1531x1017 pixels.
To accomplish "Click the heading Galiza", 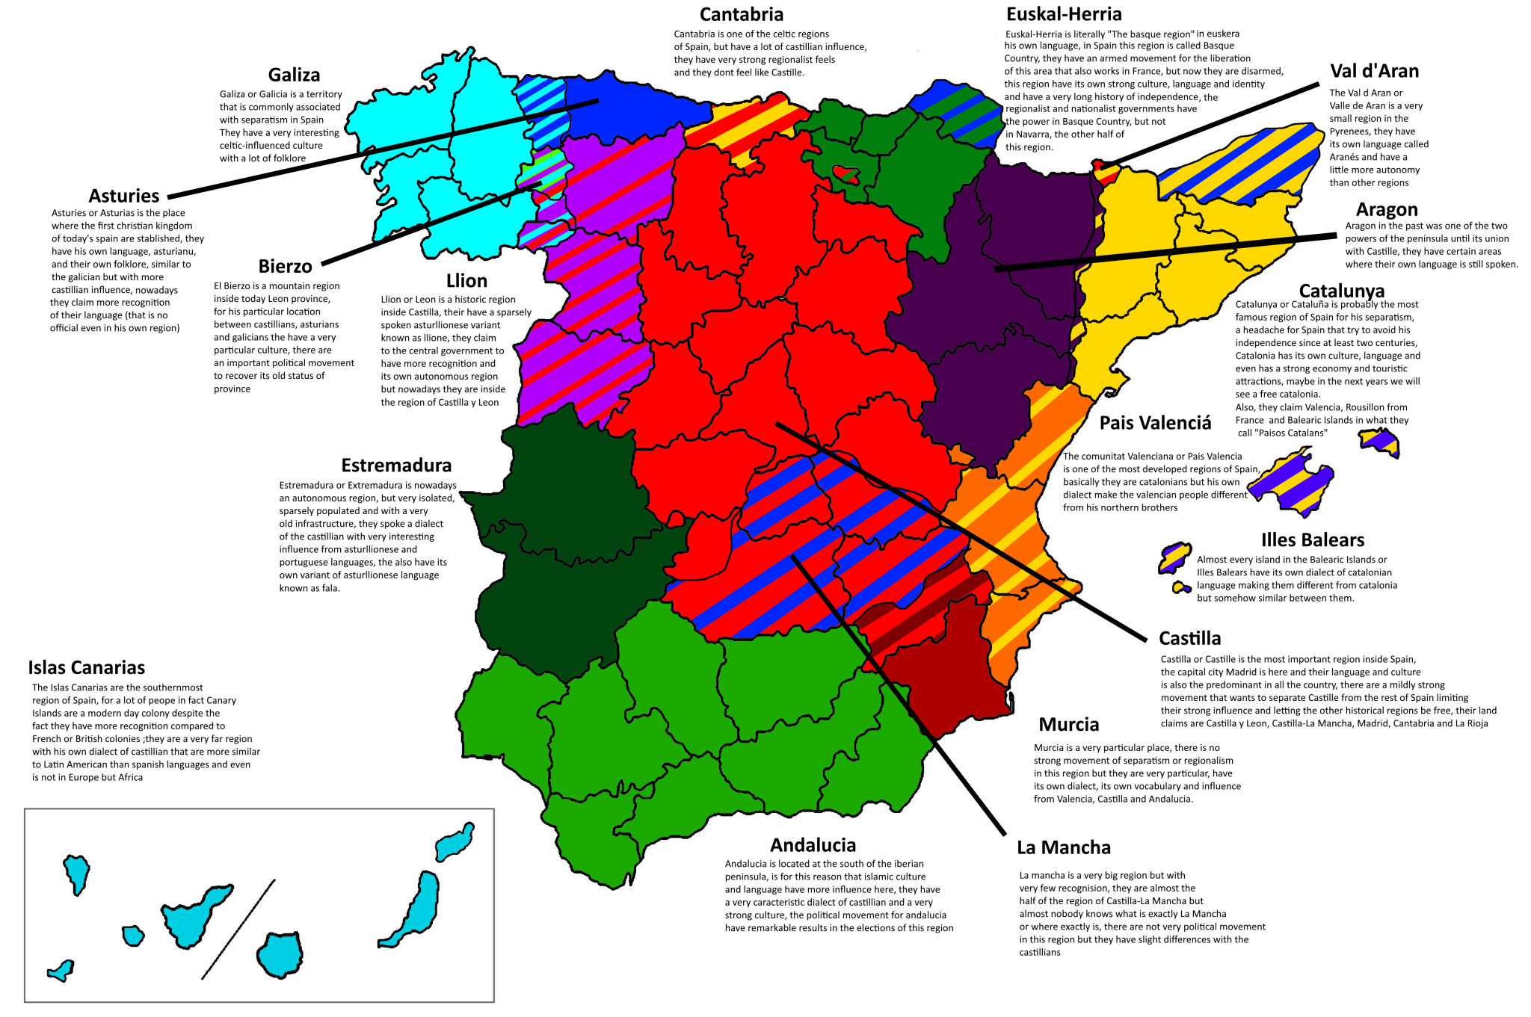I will pyautogui.click(x=294, y=75).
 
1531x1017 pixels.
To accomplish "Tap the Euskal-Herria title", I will pyautogui.click(x=1063, y=14).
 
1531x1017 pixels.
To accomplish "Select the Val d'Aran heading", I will pyautogui.click(x=1374, y=71).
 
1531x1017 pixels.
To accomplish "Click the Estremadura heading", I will pyautogui.click(x=396, y=466).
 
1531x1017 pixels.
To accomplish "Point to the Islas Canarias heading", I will pyautogui.click(x=87, y=667).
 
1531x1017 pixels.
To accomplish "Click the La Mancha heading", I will pyautogui.click(x=1063, y=847).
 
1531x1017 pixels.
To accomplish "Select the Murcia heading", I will pyautogui.click(x=1068, y=724).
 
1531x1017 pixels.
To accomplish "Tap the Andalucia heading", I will pyautogui.click(x=813, y=845).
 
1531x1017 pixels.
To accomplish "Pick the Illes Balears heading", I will pyautogui.click(x=1312, y=540).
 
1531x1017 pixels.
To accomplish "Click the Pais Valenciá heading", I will pyautogui.click(x=1155, y=423).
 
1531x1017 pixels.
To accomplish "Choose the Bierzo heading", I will pyautogui.click(x=285, y=267).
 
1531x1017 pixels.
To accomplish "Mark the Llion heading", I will pyautogui.click(x=466, y=281).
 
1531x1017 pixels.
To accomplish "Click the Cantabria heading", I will pyautogui.click(x=741, y=14).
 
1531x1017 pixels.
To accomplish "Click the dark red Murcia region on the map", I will pyautogui.click(x=946, y=673).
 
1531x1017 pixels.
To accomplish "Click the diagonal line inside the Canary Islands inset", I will pyautogui.click(x=238, y=930).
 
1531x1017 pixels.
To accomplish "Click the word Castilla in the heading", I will pyautogui.click(x=1189, y=638).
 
